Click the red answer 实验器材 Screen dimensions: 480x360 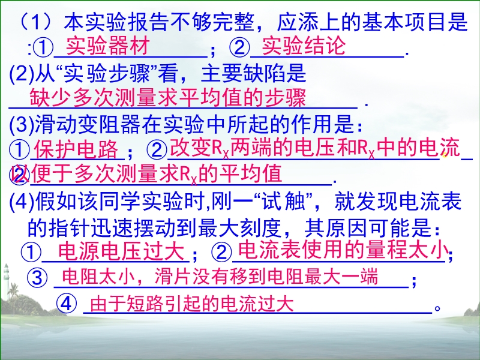108,46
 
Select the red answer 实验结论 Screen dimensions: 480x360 304,46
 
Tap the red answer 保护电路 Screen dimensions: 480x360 76,149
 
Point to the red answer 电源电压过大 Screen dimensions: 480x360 121,251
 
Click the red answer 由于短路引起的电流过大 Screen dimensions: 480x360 192,304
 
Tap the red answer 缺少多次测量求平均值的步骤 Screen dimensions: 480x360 168,98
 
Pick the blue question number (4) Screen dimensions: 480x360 22,201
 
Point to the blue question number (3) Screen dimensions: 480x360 22,125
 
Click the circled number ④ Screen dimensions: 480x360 67,304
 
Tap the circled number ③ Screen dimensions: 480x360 37,277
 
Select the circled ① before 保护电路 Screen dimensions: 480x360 19,150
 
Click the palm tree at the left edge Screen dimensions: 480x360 13,295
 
